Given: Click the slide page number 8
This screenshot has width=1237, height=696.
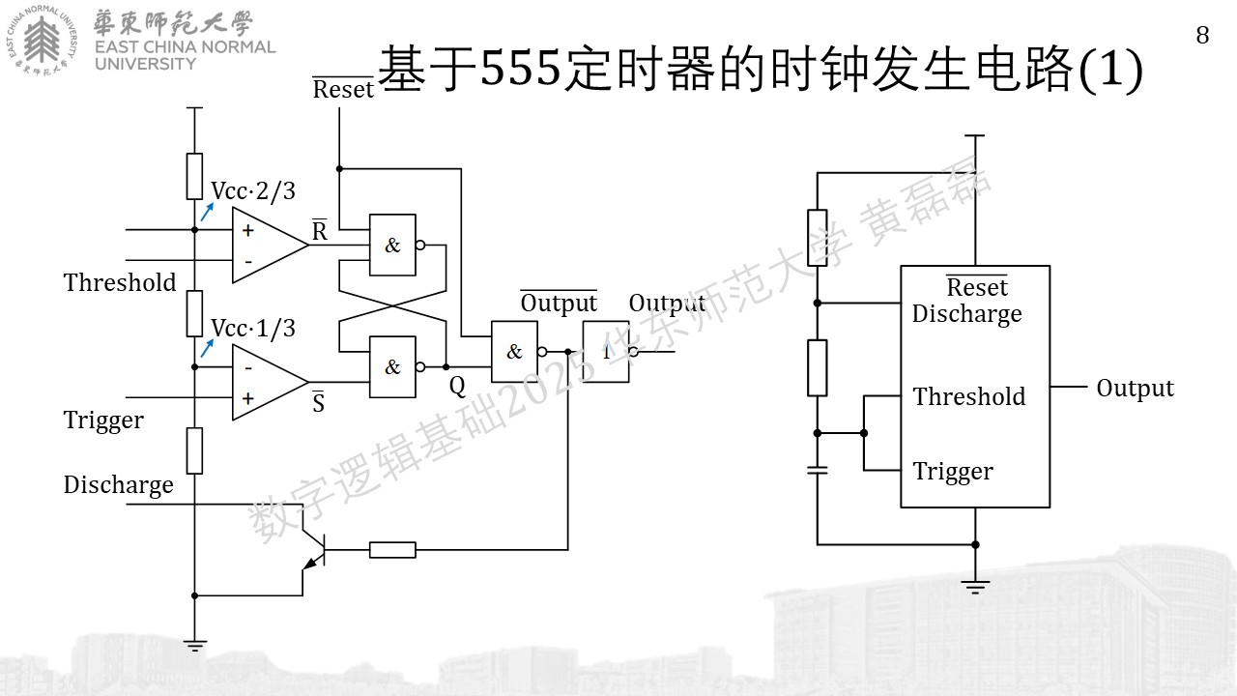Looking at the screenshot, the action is pyautogui.click(x=1202, y=36).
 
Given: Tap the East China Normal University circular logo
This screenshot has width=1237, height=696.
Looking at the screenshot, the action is pyautogui.click(x=42, y=41).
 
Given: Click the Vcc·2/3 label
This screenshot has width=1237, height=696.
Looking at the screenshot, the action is pyautogui.click(x=253, y=191).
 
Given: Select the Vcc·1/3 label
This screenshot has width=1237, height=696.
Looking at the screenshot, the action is pyautogui.click(x=253, y=329).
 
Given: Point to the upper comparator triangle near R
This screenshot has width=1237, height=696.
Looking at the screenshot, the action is pyautogui.click(x=270, y=245).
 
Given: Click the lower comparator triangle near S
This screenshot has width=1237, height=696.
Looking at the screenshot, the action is pyautogui.click(x=270, y=382).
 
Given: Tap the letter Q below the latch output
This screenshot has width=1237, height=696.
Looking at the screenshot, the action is pyautogui.click(x=457, y=386).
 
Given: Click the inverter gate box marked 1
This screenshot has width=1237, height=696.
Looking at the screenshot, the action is pyautogui.click(x=606, y=351).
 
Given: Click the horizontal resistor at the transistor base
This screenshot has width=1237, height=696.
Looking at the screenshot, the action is pyautogui.click(x=392, y=550).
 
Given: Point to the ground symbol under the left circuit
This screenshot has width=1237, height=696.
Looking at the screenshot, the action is pyautogui.click(x=194, y=646).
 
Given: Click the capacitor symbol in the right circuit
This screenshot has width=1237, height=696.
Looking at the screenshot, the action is pyautogui.click(x=818, y=470).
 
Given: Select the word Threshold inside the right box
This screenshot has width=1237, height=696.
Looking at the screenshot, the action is pyautogui.click(x=969, y=396).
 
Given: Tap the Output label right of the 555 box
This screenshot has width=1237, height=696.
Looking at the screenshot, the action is pyautogui.click(x=1135, y=389).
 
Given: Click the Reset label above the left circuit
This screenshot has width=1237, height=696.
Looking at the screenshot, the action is pyautogui.click(x=343, y=88).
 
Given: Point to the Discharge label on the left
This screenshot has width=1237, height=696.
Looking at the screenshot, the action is pyautogui.click(x=118, y=485).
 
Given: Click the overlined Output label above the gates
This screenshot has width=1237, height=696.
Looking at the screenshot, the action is pyautogui.click(x=559, y=303).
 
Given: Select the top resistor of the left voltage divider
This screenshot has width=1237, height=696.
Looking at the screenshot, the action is pyautogui.click(x=194, y=176).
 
